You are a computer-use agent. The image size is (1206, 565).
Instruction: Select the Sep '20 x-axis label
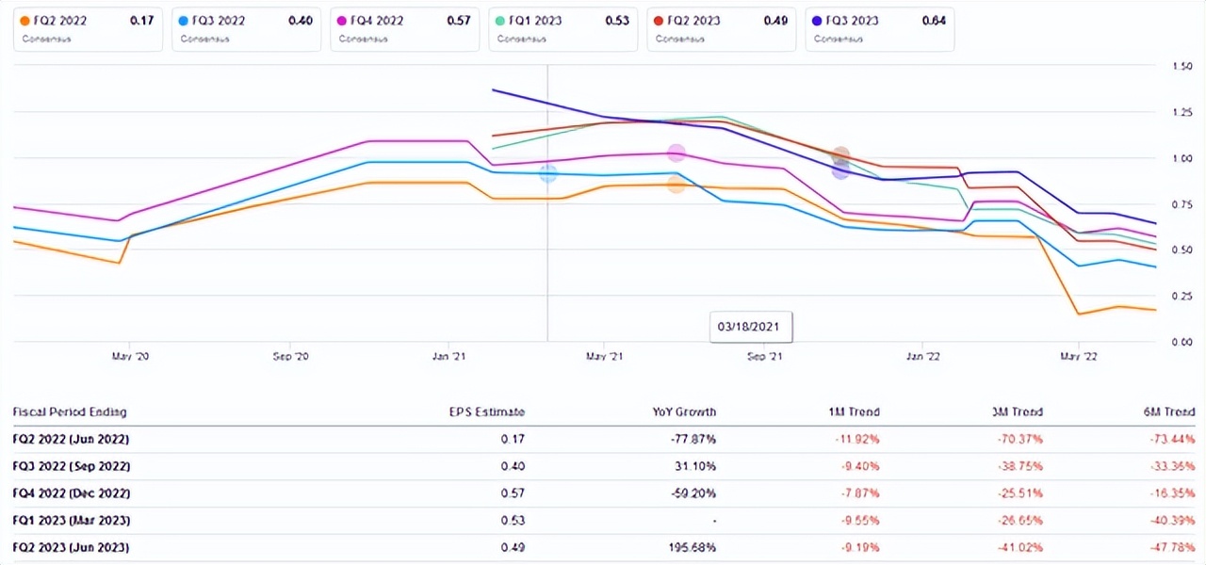pyautogui.click(x=289, y=357)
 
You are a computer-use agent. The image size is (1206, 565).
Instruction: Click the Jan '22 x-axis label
pyautogui.click(x=921, y=357)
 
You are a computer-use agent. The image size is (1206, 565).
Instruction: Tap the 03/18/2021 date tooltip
pyautogui.click(x=751, y=328)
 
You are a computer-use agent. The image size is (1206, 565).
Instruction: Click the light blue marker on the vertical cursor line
pyautogui.click(x=547, y=173)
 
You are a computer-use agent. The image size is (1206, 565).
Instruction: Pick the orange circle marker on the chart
pyautogui.click(x=676, y=185)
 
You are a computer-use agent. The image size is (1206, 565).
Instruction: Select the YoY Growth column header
pyautogui.click(x=686, y=412)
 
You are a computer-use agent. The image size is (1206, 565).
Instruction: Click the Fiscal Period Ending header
pyautogui.click(x=69, y=412)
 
